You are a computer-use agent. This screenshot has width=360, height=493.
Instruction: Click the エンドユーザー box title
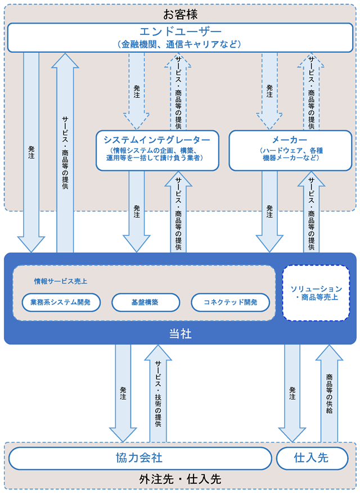pyautogui.click(x=180, y=31)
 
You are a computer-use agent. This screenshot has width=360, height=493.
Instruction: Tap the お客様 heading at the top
pyautogui.click(x=180, y=15)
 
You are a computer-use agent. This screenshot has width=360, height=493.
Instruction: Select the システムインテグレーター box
pyautogui.click(x=157, y=151)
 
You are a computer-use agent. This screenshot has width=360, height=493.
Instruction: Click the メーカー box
pyautogui.click(x=290, y=151)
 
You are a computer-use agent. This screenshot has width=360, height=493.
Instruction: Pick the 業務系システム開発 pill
pyautogui.click(x=61, y=302)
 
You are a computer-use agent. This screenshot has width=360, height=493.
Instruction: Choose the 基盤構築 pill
pyautogui.click(x=146, y=302)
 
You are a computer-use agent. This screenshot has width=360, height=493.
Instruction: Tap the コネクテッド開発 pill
pyautogui.click(x=231, y=302)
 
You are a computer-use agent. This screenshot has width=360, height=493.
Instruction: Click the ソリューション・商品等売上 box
pyautogui.click(x=316, y=293)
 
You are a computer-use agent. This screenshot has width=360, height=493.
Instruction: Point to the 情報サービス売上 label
pyautogui.click(x=60, y=282)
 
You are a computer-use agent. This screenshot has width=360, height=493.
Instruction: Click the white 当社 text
pyautogui.click(x=180, y=334)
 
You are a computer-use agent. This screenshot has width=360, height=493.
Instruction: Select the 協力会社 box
pyautogui.click(x=140, y=458)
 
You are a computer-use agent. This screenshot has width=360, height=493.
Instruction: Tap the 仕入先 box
pyautogui.click(x=312, y=458)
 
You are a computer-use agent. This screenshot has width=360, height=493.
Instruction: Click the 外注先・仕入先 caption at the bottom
pyautogui.click(x=180, y=479)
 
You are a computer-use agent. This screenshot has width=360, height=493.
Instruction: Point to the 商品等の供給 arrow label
pyautogui.click(x=329, y=394)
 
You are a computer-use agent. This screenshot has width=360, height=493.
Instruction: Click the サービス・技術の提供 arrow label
pyautogui.click(x=158, y=394)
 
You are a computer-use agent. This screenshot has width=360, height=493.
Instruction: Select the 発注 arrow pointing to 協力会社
pyautogui.click(x=123, y=394)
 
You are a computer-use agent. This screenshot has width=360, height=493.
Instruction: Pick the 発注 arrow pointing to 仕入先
pyautogui.click(x=292, y=394)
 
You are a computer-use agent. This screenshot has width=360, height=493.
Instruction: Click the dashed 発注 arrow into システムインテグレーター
pyautogui.click(x=137, y=91)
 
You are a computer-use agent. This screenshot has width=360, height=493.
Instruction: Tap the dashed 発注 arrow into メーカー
pyautogui.click(x=269, y=91)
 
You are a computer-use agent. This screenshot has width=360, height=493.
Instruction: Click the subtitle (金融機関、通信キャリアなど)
pyautogui.click(x=180, y=44)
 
